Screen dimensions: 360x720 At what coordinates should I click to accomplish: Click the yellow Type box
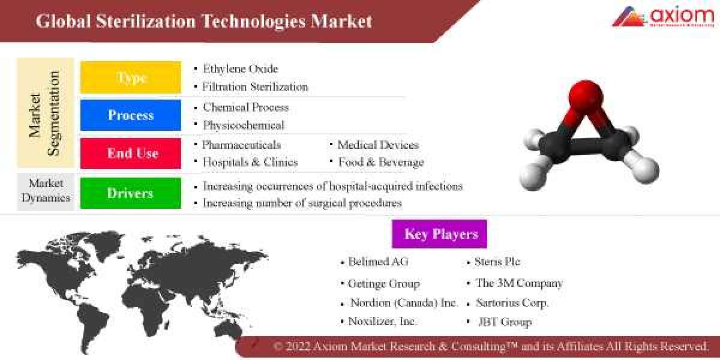(131, 77)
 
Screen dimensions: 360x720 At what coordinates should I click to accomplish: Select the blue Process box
(131, 115)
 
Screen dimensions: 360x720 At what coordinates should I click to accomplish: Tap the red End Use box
(131, 154)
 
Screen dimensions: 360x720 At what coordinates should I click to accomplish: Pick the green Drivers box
(131, 193)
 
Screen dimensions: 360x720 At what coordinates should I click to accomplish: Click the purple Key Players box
(440, 234)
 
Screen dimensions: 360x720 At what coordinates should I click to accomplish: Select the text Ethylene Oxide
(240, 69)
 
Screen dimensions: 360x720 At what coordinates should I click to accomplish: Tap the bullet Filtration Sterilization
(255, 87)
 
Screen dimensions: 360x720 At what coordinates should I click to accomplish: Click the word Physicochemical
(243, 125)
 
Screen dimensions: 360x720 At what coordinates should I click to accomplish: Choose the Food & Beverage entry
(380, 162)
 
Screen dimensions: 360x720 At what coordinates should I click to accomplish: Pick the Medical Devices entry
(377, 145)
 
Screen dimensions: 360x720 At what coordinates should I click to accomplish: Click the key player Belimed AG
(378, 262)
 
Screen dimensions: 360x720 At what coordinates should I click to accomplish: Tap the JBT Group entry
(504, 322)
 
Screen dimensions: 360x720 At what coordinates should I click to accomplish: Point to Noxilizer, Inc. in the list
(382, 322)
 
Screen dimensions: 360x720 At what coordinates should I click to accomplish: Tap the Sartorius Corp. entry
(512, 303)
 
